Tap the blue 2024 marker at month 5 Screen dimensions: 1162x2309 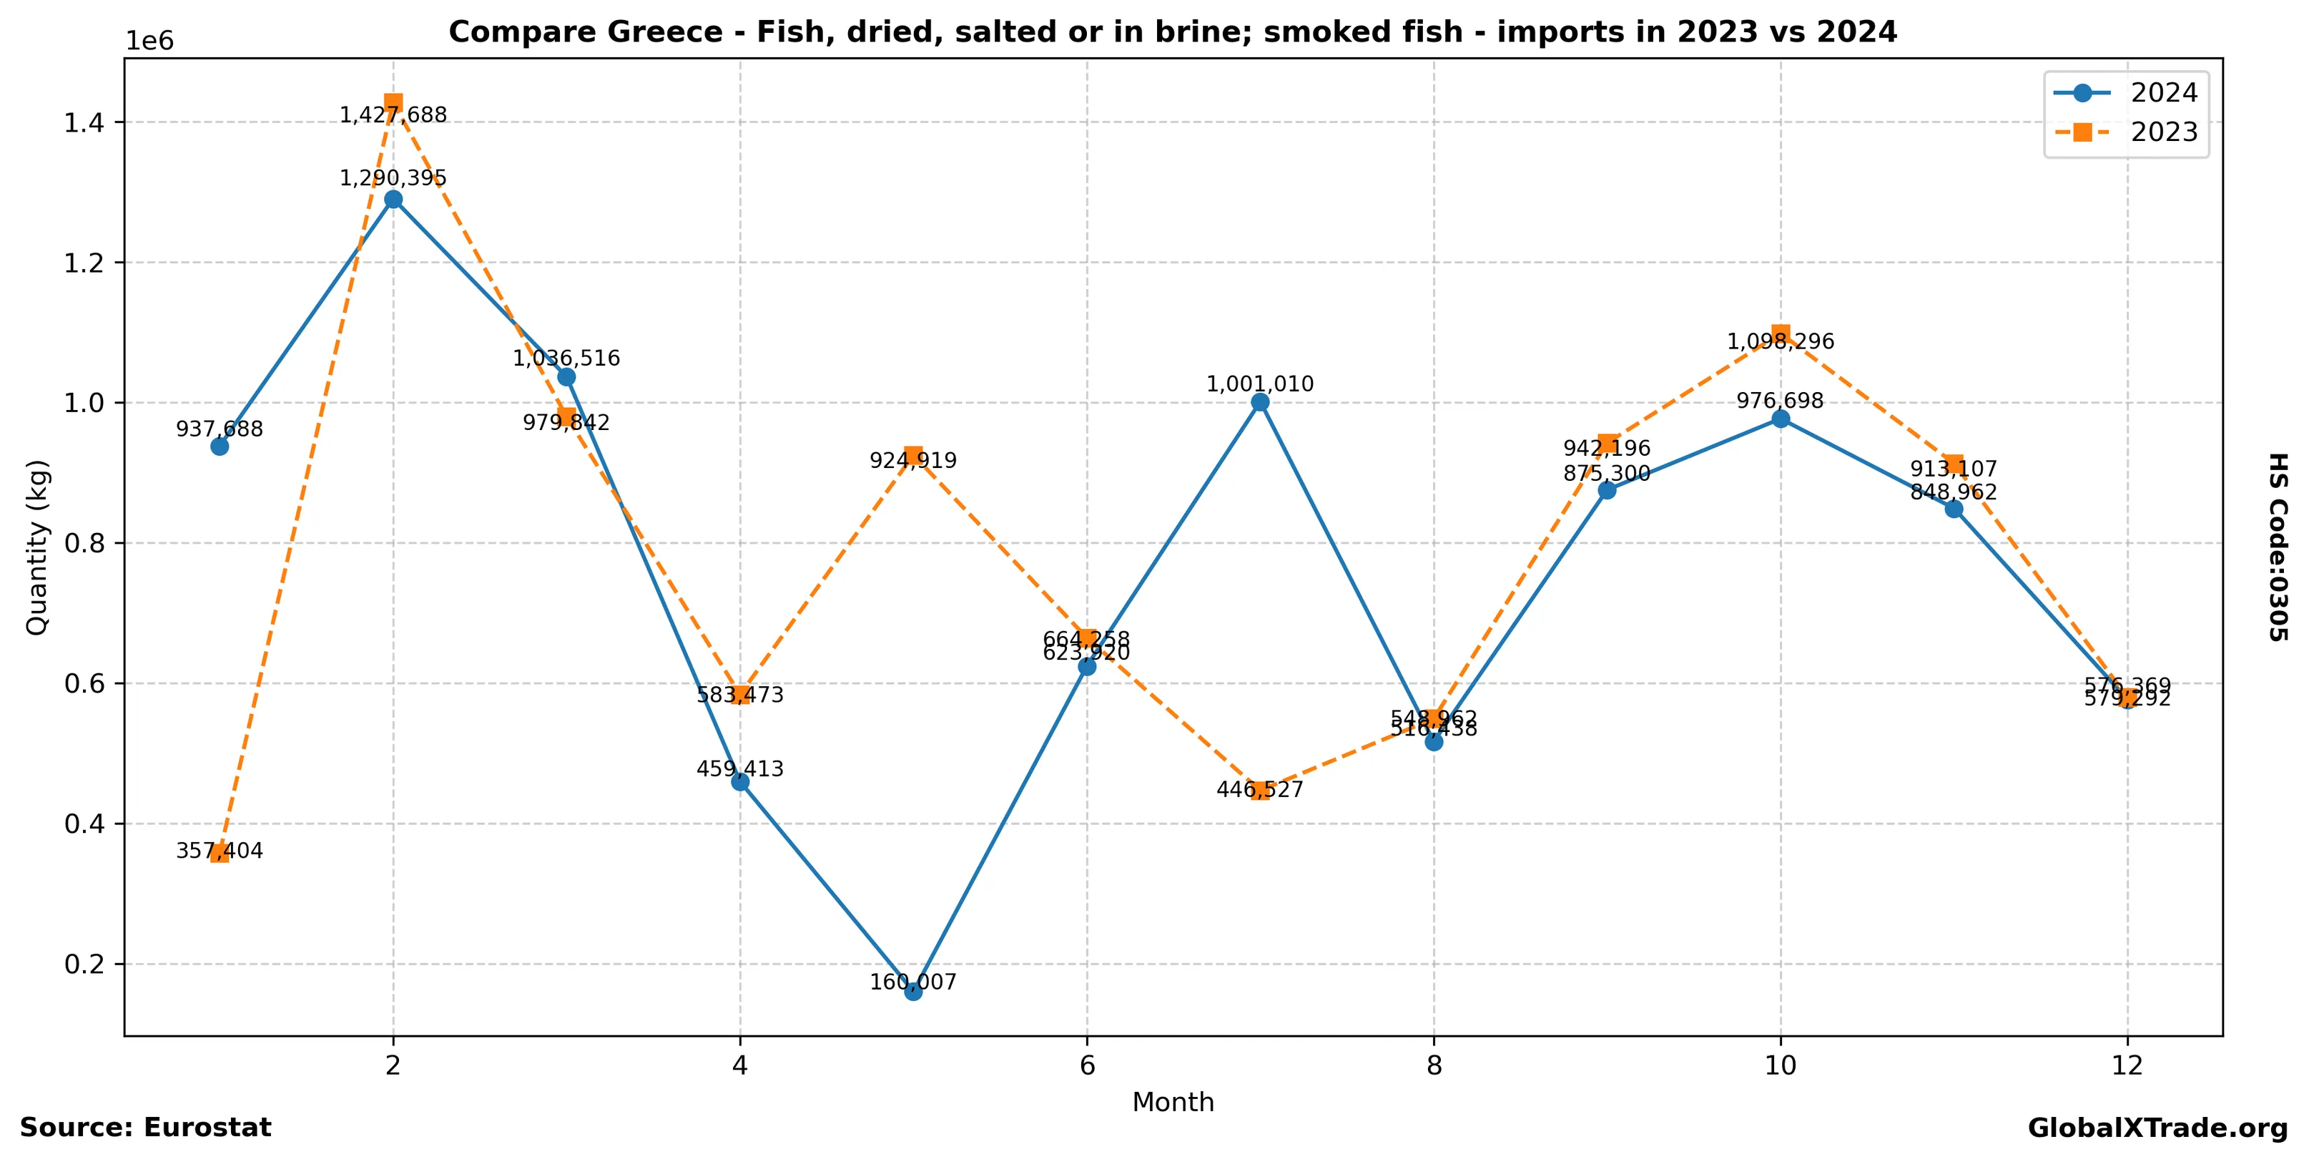[x=912, y=991]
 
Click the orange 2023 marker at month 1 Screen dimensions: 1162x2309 [x=220, y=853]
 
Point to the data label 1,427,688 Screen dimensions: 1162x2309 [x=393, y=114]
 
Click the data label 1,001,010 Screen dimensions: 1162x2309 [x=1259, y=385]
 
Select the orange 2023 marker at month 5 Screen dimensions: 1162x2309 [x=912, y=456]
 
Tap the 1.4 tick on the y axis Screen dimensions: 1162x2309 [x=82, y=123]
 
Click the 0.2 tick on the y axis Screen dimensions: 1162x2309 [x=82, y=965]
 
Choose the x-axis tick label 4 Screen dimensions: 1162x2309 [x=739, y=1066]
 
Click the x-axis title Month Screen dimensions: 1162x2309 [x=1173, y=1103]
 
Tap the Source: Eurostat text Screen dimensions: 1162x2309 [x=145, y=1128]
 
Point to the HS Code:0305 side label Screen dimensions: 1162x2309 [x=2278, y=547]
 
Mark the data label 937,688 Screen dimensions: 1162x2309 [x=220, y=429]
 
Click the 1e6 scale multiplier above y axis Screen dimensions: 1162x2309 [x=149, y=41]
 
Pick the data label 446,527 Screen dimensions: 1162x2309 [x=1259, y=790]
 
